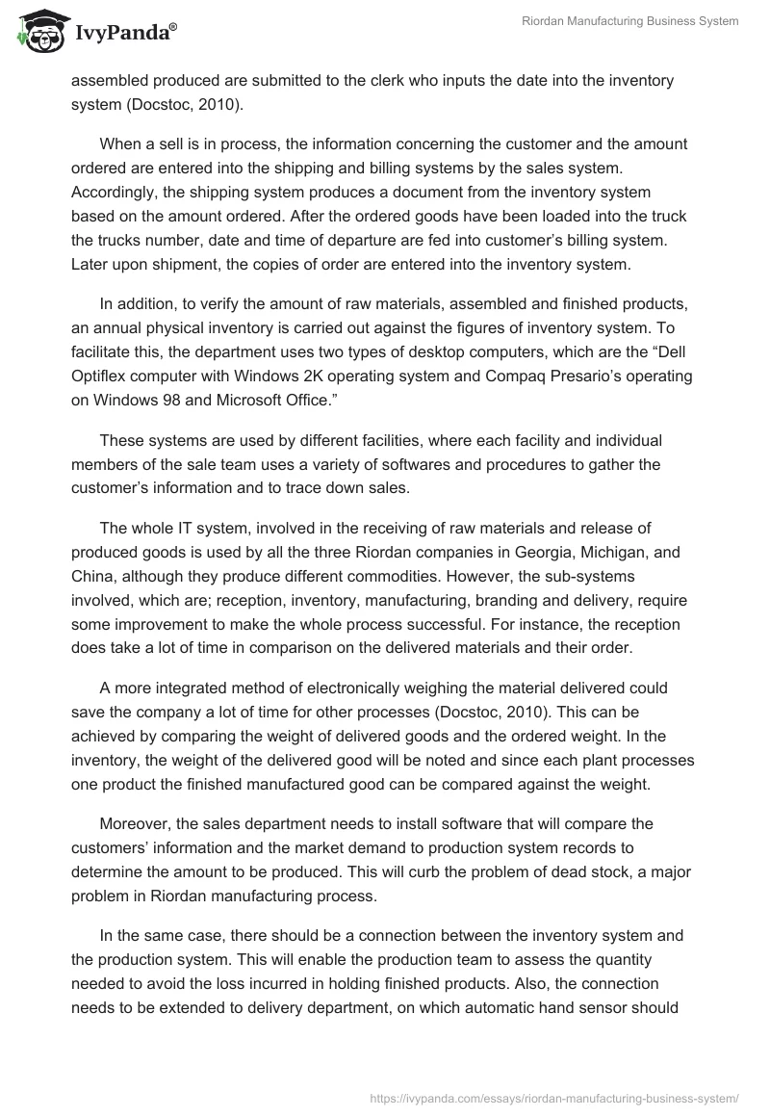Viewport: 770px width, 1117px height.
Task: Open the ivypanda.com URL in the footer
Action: [x=553, y=1098]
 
